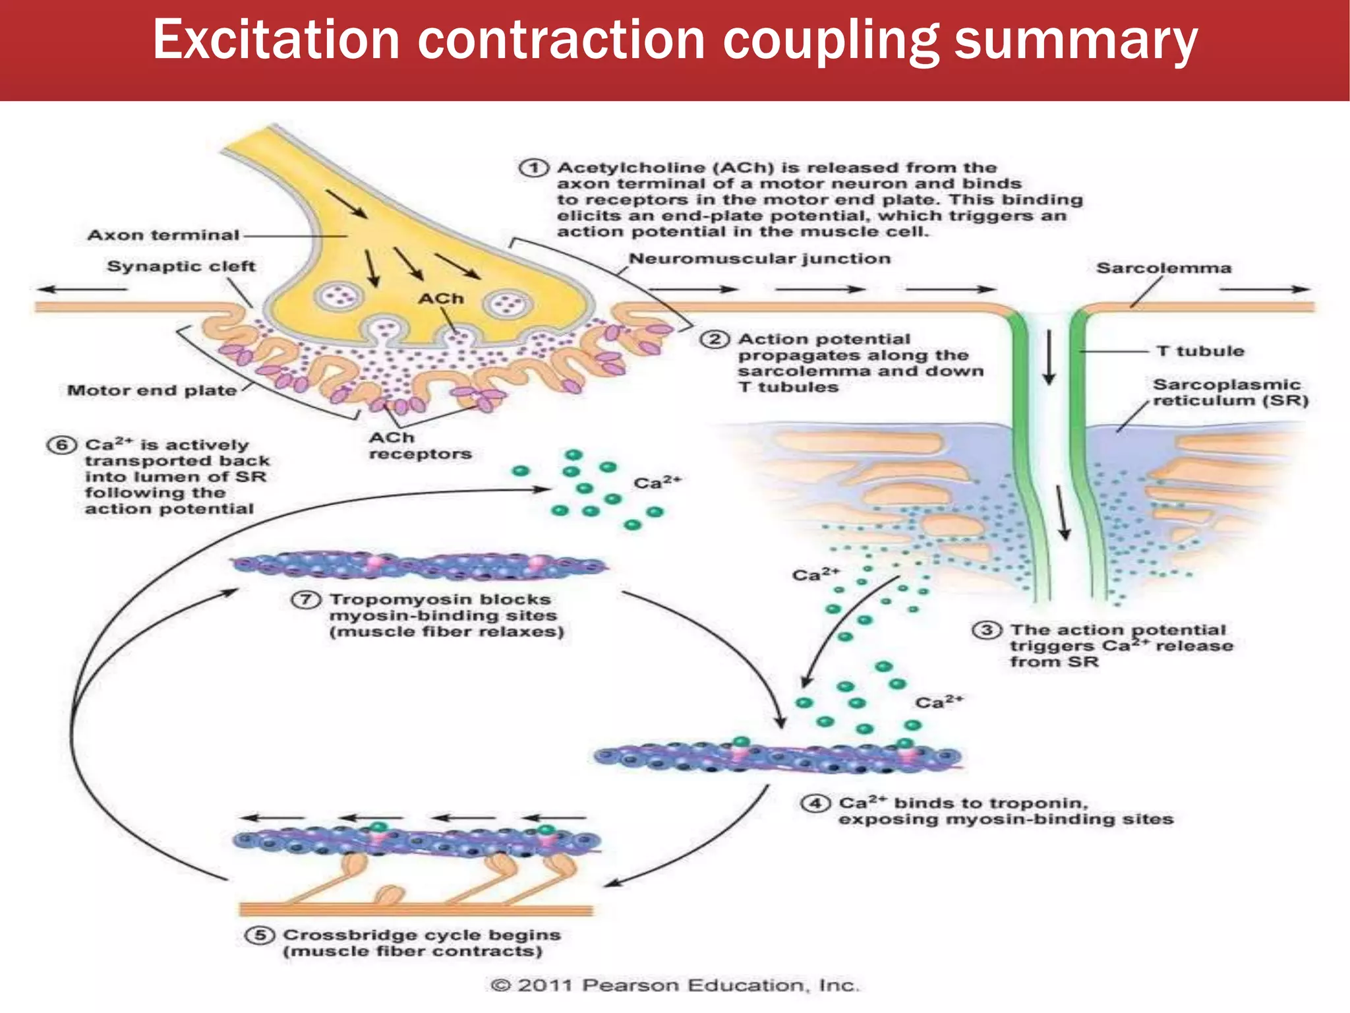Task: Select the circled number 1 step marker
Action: [533, 168]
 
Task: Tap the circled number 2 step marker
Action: [715, 340]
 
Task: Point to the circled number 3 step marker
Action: [987, 630]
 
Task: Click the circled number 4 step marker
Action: [815, 803]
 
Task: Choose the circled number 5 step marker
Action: [260, 935]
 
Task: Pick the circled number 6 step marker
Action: [61, 445]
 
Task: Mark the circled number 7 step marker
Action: [306, 600]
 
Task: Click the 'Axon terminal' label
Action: [163, 235]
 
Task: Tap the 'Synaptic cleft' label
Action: [181, 266]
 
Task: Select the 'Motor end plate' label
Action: [152, 390]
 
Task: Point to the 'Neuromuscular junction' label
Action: [759, 259]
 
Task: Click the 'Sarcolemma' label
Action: [1163, 268]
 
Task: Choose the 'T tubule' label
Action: [1200, 351]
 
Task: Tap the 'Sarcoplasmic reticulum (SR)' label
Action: [1229, 393]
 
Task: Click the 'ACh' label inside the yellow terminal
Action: [441, 299]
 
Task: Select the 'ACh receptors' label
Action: [419, 446]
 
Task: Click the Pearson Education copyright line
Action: [675, 985]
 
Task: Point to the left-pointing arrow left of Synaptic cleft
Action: [82, 289]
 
